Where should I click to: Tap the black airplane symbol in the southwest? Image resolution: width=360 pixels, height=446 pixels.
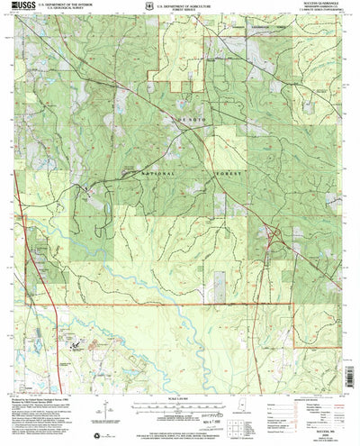[76, 343]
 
